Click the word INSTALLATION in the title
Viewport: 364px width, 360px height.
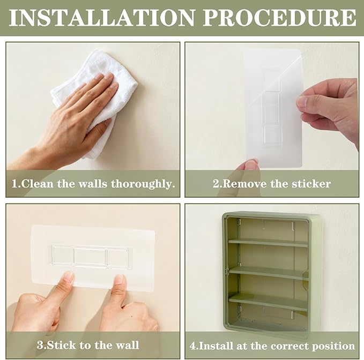point(101,18)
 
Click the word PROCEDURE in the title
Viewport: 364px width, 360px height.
point(279,18)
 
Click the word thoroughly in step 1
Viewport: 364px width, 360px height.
point(143,184)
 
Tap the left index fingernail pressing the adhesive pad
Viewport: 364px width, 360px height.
point(68,277)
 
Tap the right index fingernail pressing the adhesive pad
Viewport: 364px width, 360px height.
point(120,279)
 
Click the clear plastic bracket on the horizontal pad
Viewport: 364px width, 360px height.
point(92,257)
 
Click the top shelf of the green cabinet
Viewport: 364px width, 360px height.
point(268,243)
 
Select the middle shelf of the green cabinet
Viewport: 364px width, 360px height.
point(268,273)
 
